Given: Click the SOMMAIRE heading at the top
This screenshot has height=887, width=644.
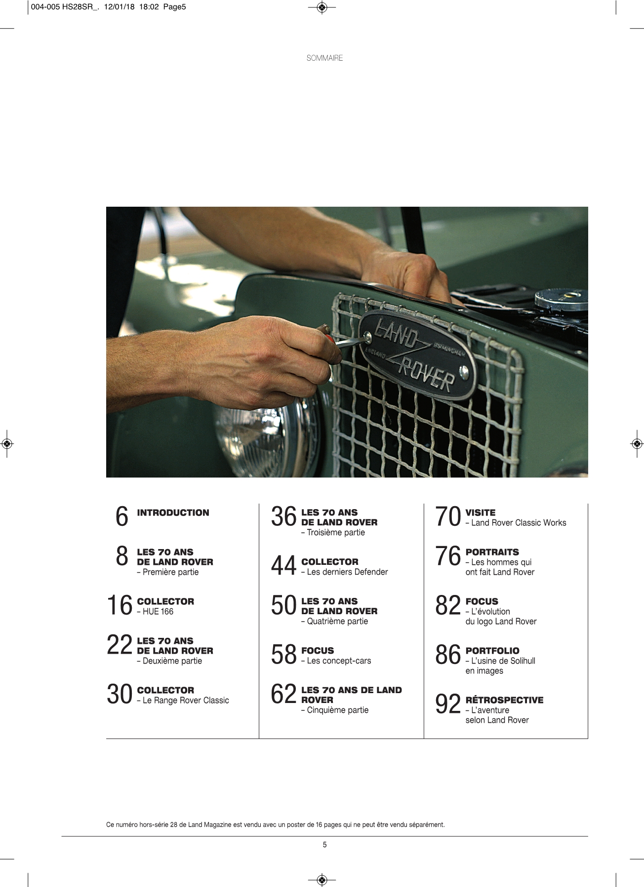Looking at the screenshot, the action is tap(324, 58).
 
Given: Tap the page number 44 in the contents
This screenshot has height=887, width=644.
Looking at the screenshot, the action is tap(283, 566).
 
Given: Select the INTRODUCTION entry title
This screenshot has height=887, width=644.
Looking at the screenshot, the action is tap(173, 513).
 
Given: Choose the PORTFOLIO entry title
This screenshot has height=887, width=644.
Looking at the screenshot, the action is tap(492, 651).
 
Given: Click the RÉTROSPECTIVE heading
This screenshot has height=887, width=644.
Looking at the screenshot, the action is tap(504, 700).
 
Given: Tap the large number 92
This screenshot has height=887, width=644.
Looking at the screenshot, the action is tap(448, 704).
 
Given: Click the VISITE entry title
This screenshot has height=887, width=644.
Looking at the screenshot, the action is tap(480, 513).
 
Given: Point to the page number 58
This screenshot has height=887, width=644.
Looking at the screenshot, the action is tap(283, 655).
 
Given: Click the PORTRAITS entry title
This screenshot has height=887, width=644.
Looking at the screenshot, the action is tap(492, 552).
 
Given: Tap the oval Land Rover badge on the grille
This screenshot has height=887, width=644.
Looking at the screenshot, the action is tap(417, 354).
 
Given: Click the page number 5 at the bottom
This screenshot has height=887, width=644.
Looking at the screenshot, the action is tap(324, 845).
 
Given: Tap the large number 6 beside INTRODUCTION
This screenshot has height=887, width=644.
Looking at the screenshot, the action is tap(121, 517).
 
